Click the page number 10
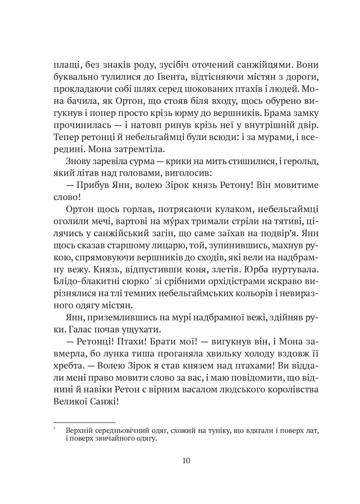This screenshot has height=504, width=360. (x=186, y=460)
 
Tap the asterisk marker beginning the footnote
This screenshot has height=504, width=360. (x=55, y=429)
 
